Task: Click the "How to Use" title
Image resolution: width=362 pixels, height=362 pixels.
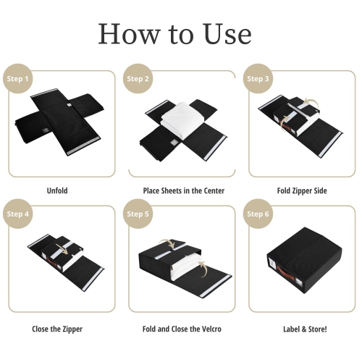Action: coord(174,34)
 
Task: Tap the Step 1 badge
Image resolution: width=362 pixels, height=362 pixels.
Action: coord(19,79)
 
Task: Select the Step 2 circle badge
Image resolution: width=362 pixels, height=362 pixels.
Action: coord(138,79)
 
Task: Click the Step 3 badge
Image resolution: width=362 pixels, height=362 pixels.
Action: coord(258,79)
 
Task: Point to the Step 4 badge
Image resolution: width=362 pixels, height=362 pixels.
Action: coord(19,214)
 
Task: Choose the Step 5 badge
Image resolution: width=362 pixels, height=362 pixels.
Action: coord(138,214)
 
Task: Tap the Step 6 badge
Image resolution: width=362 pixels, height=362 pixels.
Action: coord(258,214)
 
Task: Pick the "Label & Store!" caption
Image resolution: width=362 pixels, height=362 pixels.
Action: coord(305,329)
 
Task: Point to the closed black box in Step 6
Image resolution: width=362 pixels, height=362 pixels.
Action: coord(303,257)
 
